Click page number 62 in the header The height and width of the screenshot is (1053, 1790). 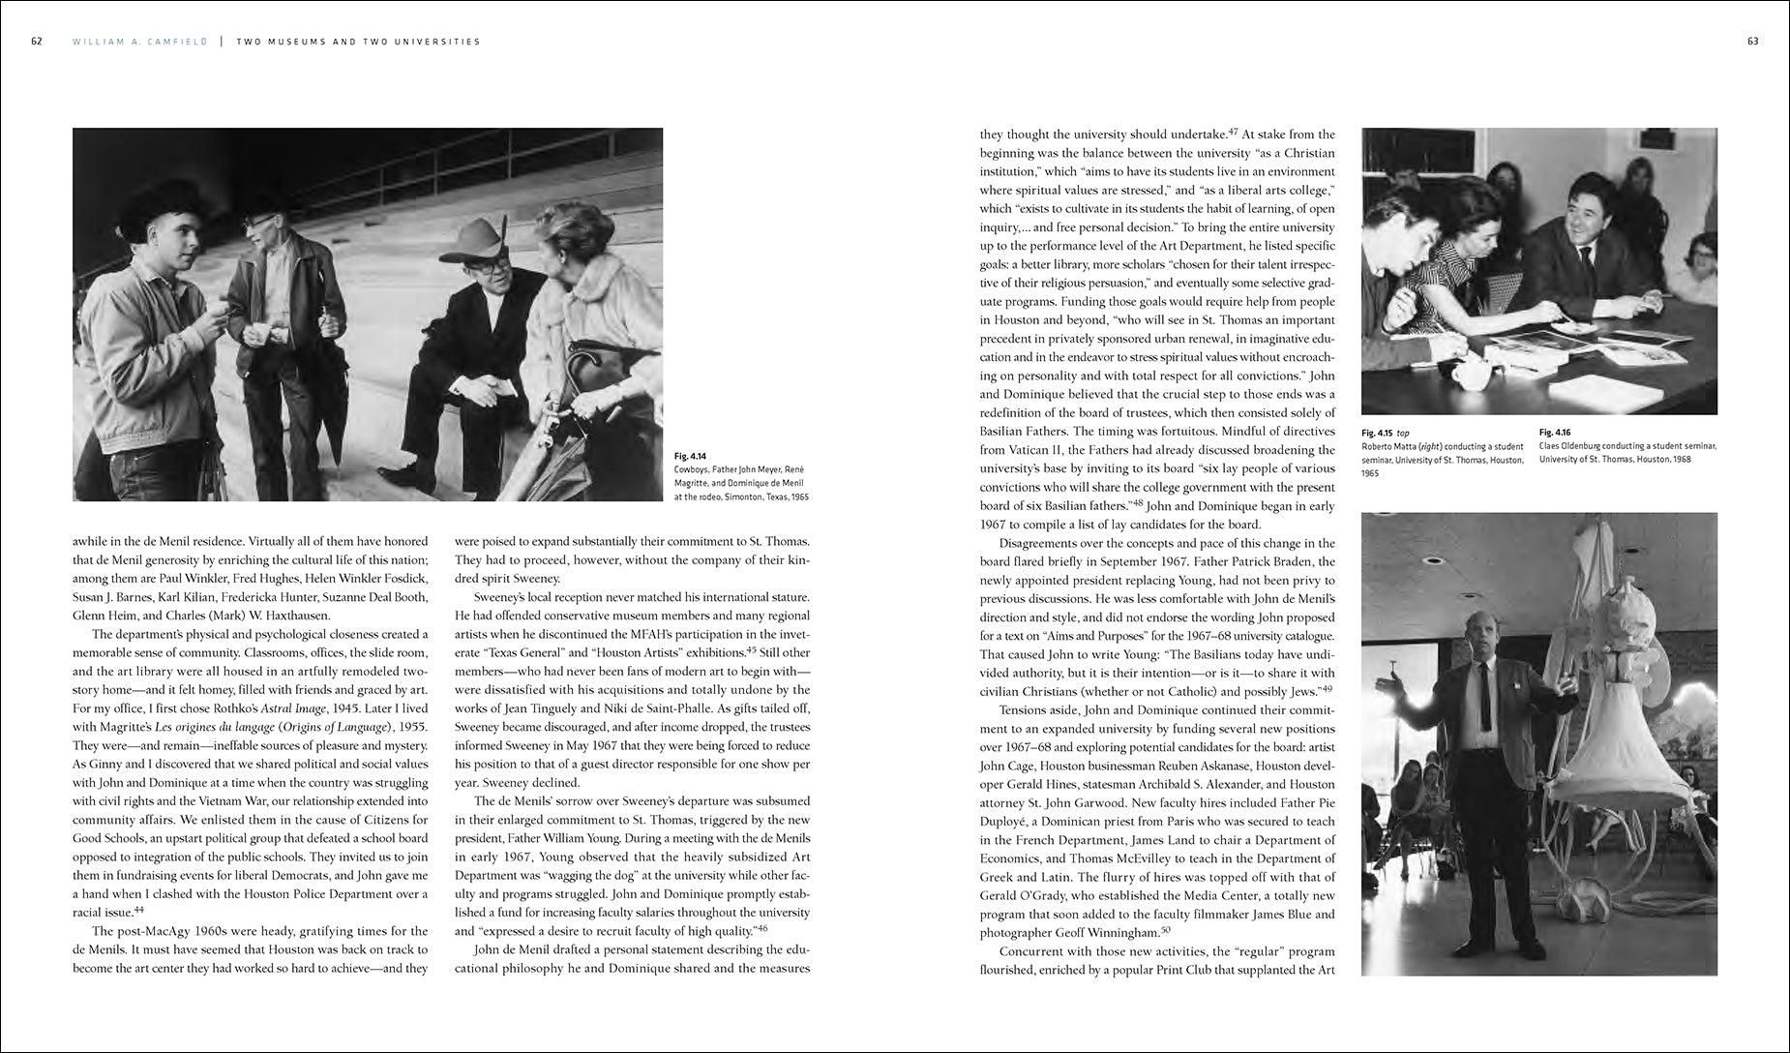click(x=36, y=42)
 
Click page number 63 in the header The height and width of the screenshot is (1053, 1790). click(x=1752, y=42)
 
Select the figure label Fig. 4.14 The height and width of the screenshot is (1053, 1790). click(x=690, y=455)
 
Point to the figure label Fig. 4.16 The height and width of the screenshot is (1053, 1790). click(x=1553, y=433)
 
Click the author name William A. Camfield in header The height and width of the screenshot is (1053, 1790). click(x=139, y=42)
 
